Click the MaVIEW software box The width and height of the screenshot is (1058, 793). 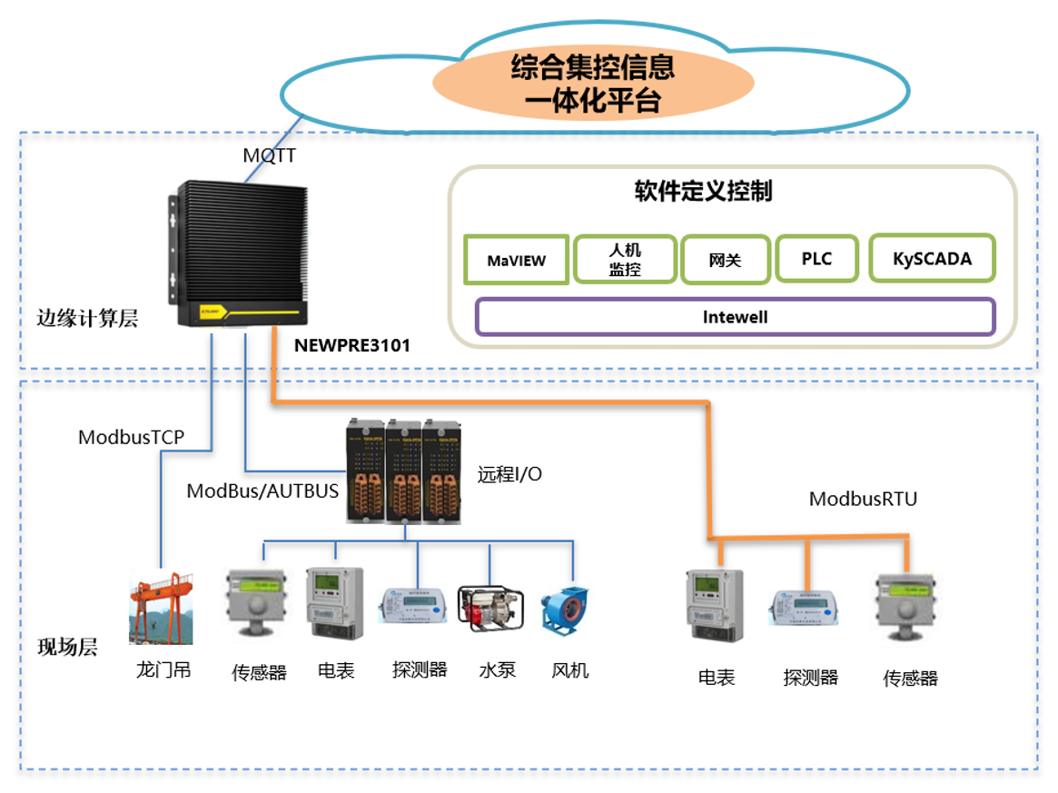click(517, 260)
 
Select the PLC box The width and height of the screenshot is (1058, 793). click(816, 259)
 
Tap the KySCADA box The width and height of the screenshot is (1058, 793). click(932, 258)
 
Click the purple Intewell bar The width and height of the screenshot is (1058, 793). click(735, 317)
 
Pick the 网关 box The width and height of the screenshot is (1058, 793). click(725, 260)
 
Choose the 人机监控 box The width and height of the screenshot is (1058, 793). click(625, 260)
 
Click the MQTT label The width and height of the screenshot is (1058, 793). click(269, 155)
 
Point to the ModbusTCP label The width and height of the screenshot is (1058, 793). click(131, 437)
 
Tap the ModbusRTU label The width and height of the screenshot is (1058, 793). click(863, 499)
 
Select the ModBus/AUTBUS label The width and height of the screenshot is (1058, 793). click(262, 491)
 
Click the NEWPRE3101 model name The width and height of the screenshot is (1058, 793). click(352, 345)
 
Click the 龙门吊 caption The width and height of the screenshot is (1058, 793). click(163, 671)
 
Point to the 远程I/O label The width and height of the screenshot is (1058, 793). click(509, 473)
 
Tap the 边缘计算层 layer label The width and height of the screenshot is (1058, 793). click(87, 318)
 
